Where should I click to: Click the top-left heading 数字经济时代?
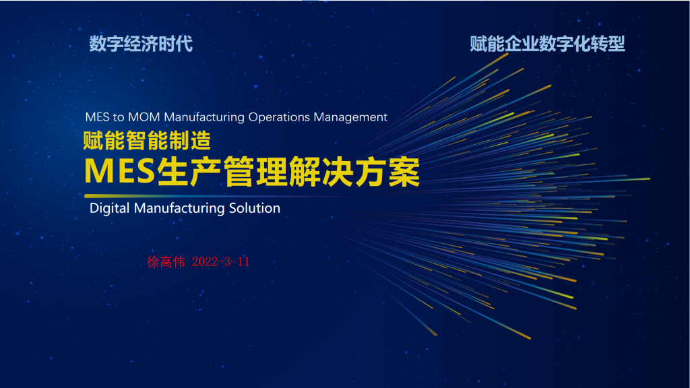pos(141,44)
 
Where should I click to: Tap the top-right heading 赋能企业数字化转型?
pos(547,44)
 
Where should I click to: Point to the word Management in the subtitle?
pos(350,117)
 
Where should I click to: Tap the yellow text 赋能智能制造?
pos(147,141)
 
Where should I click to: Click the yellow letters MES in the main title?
pos(119,171)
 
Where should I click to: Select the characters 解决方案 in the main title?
pos(354,171)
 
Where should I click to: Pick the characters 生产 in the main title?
pos(189,171)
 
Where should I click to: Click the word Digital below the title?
pos(110,208)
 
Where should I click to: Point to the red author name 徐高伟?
pos(166,262)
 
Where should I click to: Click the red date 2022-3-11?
pos(221,262)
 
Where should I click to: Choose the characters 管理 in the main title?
pos(255,171)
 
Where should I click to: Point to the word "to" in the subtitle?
pos(119,117)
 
